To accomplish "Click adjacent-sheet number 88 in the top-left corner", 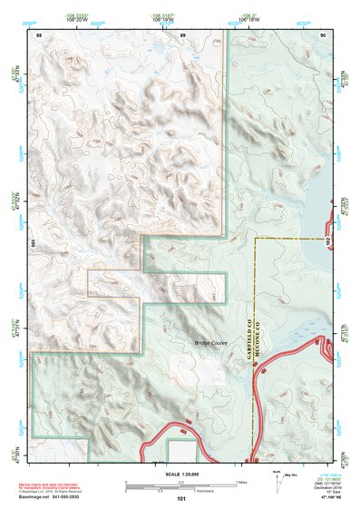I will (x=38, y=34).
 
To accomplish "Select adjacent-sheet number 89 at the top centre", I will (x=182, y=34).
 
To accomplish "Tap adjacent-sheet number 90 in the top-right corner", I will (x=323, y=34).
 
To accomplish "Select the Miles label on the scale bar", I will (x=239, y=480).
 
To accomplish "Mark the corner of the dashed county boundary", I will (x=258, y=240).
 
